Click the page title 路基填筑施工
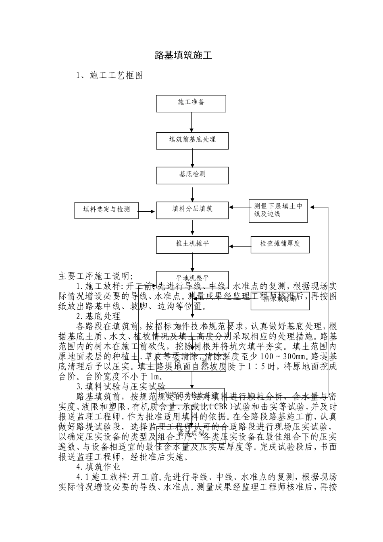[x=183, y=56]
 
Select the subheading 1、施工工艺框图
[x=110, y=75]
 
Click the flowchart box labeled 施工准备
[x=191, y=103]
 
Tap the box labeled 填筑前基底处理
[x=192, y=140]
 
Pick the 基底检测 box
[x=192, y=175]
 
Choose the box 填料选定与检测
[x=106, y=210]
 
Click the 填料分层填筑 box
[x=192, y=210]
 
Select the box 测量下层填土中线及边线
[x=278, y=211]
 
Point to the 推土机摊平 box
[x=192, y=244]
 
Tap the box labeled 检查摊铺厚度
[x=280, y=244]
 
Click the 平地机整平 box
[x=192, y=278]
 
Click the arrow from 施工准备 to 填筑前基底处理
[x=191, y=122]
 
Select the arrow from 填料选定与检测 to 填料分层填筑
[x=147, y=211]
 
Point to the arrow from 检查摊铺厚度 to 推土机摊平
[x=239, y=245]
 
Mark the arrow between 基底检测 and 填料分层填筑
[x=192, y=193]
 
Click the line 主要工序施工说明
[x=96, y=276]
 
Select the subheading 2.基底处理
[x=98, y=316]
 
